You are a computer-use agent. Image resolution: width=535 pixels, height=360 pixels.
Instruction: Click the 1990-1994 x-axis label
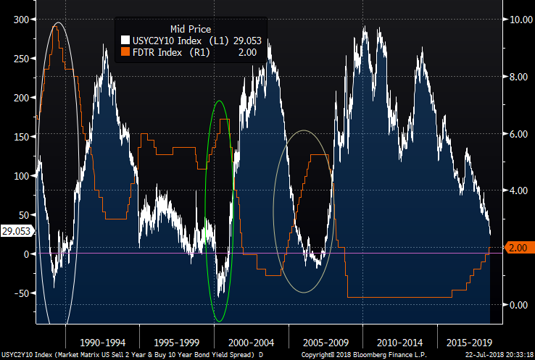point(101,340)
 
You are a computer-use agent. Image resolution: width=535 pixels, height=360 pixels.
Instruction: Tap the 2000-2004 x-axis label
point(251,340)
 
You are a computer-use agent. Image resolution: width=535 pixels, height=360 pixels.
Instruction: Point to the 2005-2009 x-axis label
point(326,340)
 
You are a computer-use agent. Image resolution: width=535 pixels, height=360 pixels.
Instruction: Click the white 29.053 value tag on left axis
point(17,231)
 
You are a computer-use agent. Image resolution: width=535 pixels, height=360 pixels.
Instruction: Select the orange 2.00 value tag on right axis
point(517,248)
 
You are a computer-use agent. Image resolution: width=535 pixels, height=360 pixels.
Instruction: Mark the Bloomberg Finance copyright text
point(355,354)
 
